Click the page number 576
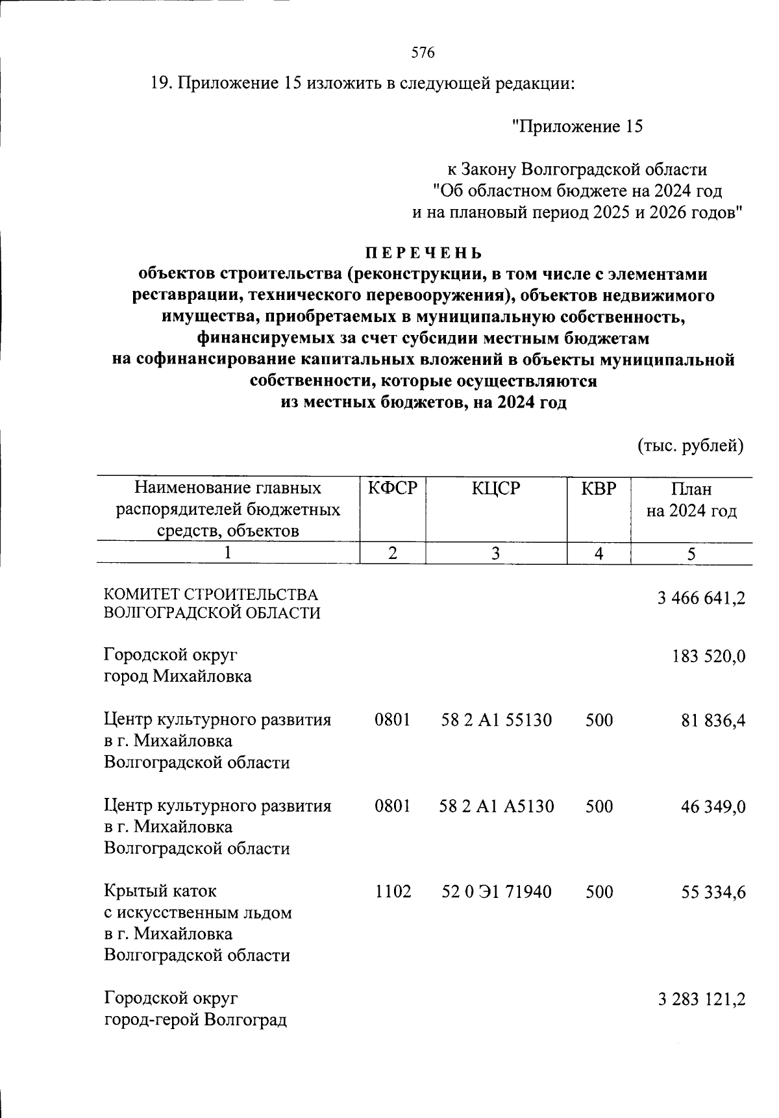coord(423,53)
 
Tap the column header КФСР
coord(392,488)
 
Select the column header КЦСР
coord(496,488)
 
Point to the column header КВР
coord(598,488)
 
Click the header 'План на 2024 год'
coord(691,500)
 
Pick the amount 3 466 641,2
coord(701,598)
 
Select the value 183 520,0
coord(708,656)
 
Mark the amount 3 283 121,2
coord(701,999)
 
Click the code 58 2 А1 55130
coord(496,720)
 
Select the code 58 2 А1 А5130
coord(497,806)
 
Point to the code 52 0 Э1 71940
coord(497,892)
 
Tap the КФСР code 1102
coord(393,892)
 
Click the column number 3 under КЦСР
coord(496,554)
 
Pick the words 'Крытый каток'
coord(160,891)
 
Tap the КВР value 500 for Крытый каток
coord(599,892)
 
